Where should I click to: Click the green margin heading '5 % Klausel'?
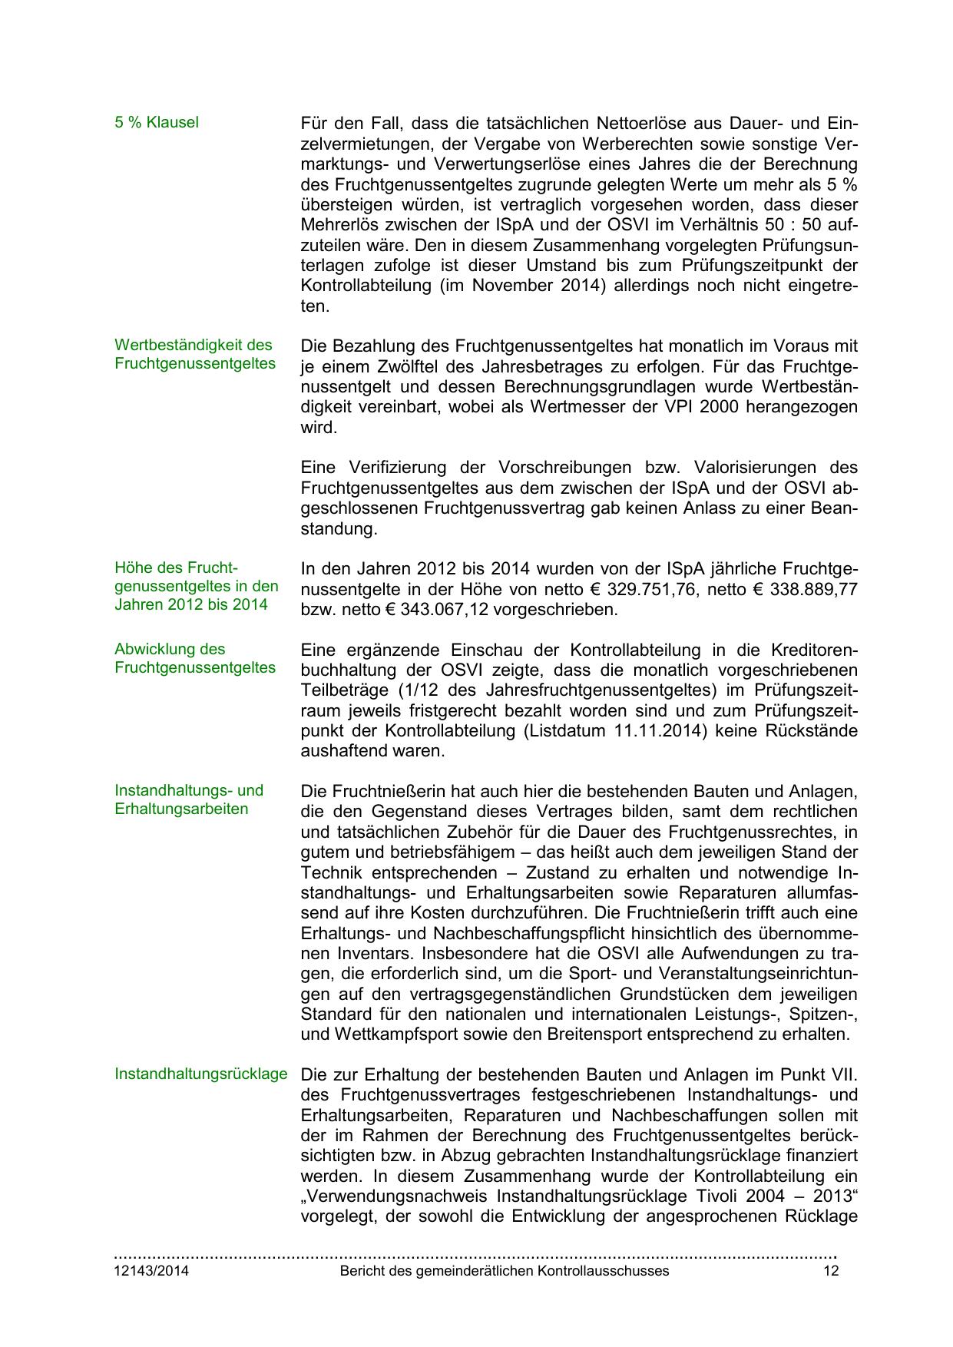point(156,123)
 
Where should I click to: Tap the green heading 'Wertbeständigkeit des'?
point(194,346)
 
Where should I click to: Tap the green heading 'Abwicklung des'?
point(170,650)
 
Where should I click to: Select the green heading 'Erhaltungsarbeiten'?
point(181,809)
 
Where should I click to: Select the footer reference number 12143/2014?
point(151,1271)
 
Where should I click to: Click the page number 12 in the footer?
point(830,1271)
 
